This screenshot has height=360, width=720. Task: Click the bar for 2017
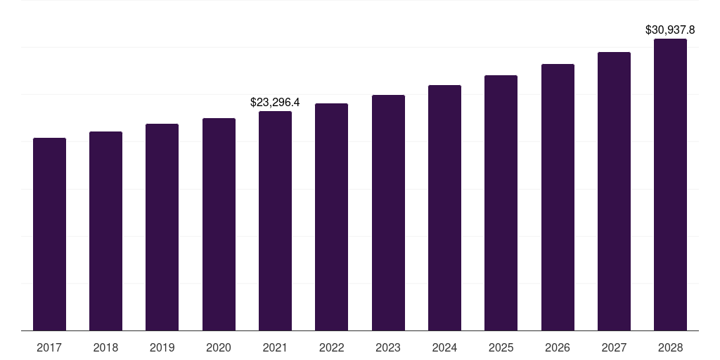pos(49,234)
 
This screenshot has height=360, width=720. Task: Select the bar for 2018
pos(105,231)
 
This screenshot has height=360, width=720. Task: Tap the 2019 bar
pos(162,227)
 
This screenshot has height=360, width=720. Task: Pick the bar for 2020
pos(219,224)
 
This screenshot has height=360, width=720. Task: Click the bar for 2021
pos(275,221)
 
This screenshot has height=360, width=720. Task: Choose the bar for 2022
pos(331,217)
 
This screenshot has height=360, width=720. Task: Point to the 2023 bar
pos(388,212)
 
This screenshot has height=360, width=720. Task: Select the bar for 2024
pos(444,207)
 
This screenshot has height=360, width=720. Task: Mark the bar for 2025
pos(501,202)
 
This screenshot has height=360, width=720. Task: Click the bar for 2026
pos(558,197)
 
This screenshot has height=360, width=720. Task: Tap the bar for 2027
pos(614,191)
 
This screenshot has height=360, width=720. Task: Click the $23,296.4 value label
pos(275,103)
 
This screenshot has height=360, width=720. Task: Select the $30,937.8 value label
pos(670,30)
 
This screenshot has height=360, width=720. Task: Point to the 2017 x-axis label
pos(49,347)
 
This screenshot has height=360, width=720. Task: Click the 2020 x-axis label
pos(219,347)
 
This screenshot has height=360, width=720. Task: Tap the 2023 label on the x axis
pos(388,347)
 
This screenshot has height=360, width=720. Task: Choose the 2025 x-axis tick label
pos(501,347)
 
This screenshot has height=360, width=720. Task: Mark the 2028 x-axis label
pos(670,347)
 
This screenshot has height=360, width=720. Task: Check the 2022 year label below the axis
pos(331,347)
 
